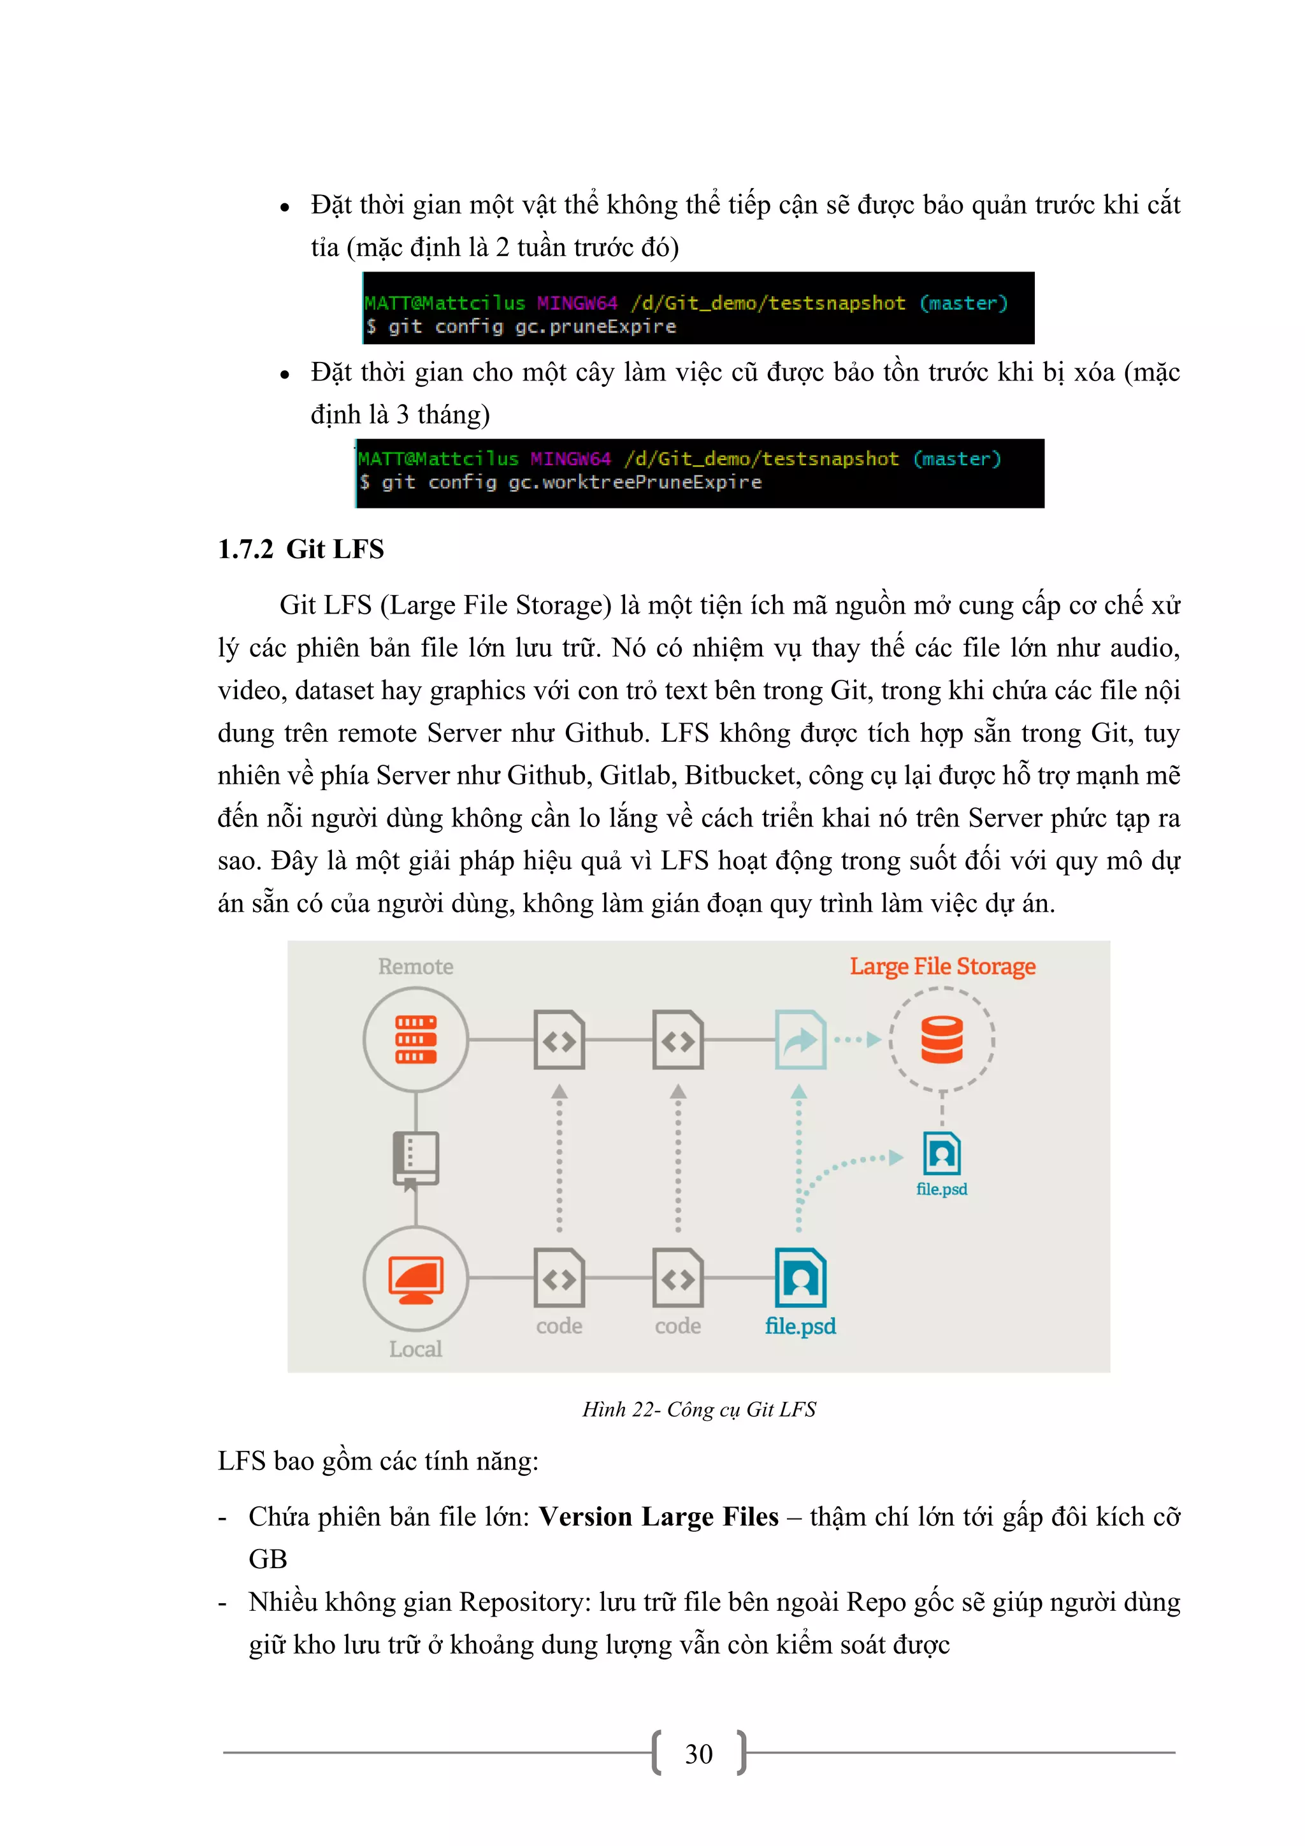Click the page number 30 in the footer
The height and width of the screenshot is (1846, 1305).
point(698,1754)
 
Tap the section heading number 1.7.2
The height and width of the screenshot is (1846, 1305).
point(245,550)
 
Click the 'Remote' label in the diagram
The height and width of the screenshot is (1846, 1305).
point(415,967)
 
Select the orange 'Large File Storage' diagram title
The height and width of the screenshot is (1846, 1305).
point(942,967)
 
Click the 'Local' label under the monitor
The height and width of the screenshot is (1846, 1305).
point(415,1348)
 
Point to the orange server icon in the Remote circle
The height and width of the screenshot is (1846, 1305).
point(415,1039)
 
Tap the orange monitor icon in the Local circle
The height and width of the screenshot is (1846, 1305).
point(415,1279)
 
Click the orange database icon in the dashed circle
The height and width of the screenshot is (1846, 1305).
point(942,1039)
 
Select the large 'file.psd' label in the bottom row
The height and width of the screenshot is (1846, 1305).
point(800,1326)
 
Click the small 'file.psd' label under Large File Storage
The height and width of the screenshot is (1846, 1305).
point(942,1189)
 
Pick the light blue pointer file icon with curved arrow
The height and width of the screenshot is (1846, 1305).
point(800,1039)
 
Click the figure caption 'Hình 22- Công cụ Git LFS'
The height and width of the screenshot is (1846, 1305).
point(699,1410)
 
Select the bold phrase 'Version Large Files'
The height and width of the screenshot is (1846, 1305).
point(658,1517)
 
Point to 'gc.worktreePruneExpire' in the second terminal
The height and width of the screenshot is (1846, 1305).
point(635,482)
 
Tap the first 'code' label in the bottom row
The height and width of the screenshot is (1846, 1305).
point(559,1326)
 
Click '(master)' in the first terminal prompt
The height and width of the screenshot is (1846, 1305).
point(963,303)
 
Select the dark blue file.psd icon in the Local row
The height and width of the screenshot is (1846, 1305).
point(800,1278)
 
